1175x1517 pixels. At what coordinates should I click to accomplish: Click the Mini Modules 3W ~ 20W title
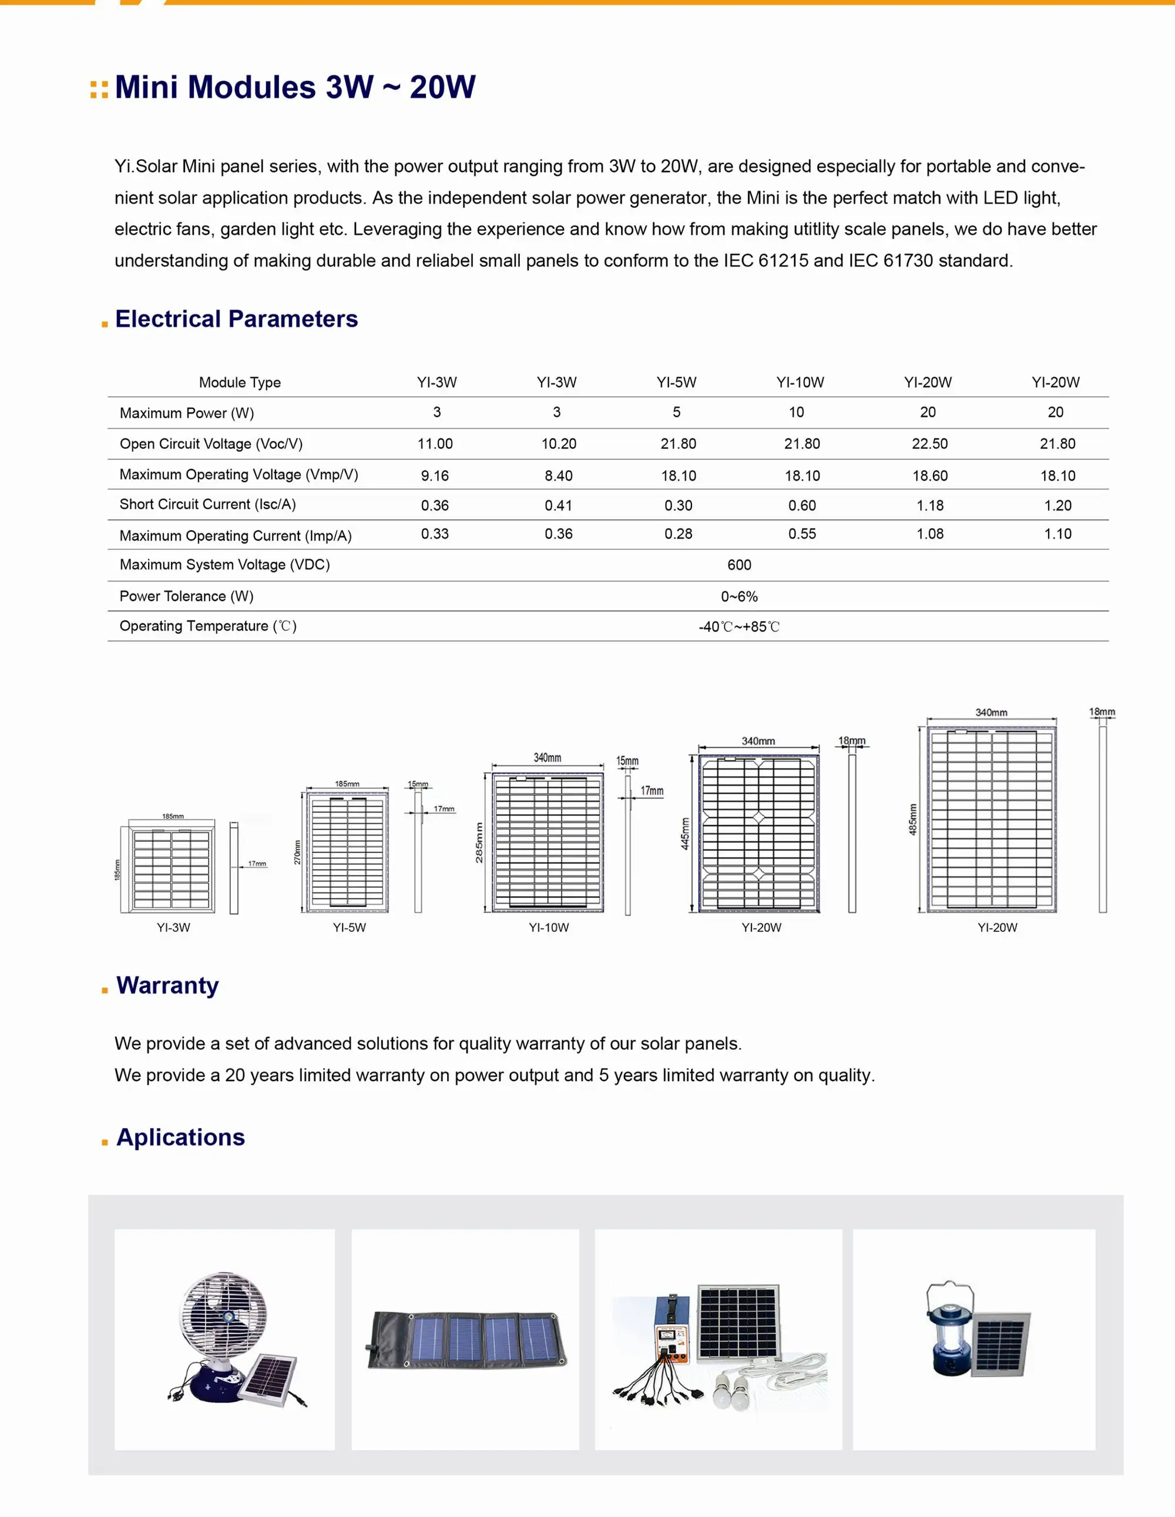[294, 88]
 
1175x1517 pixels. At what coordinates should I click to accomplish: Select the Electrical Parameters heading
[236, 319]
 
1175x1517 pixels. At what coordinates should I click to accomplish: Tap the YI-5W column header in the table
[676, 382]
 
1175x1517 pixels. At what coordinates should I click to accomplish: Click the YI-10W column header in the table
[800, 382]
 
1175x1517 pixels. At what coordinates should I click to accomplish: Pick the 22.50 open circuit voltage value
[929, 444]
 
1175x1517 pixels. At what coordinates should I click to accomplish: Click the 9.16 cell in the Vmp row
[435, 476]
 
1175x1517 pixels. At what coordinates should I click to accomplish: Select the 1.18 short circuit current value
[929, 506]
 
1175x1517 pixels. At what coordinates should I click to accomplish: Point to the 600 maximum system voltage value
[739, 565]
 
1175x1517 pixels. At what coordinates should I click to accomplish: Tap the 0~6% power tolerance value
[739, 597]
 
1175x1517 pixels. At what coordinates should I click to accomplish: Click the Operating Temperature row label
[207, 626]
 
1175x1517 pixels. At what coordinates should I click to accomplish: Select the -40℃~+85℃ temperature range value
[739, 627]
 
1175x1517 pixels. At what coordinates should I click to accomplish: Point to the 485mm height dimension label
[912, 819]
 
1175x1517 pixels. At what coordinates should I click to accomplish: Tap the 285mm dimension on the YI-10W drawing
[478, 843]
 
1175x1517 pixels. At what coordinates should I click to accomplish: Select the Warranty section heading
[167, 986]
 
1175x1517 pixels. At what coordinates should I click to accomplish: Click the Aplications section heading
[180, 1137]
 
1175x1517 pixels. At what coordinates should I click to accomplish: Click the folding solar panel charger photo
[465, 1340]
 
